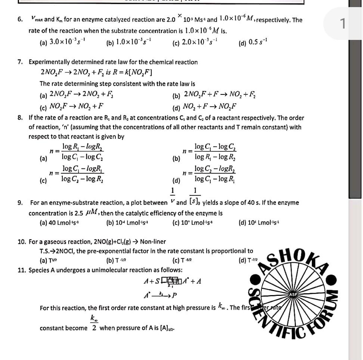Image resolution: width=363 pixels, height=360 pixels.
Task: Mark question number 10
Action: coord(22,242)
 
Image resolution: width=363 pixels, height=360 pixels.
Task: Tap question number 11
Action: coord(22,269)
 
